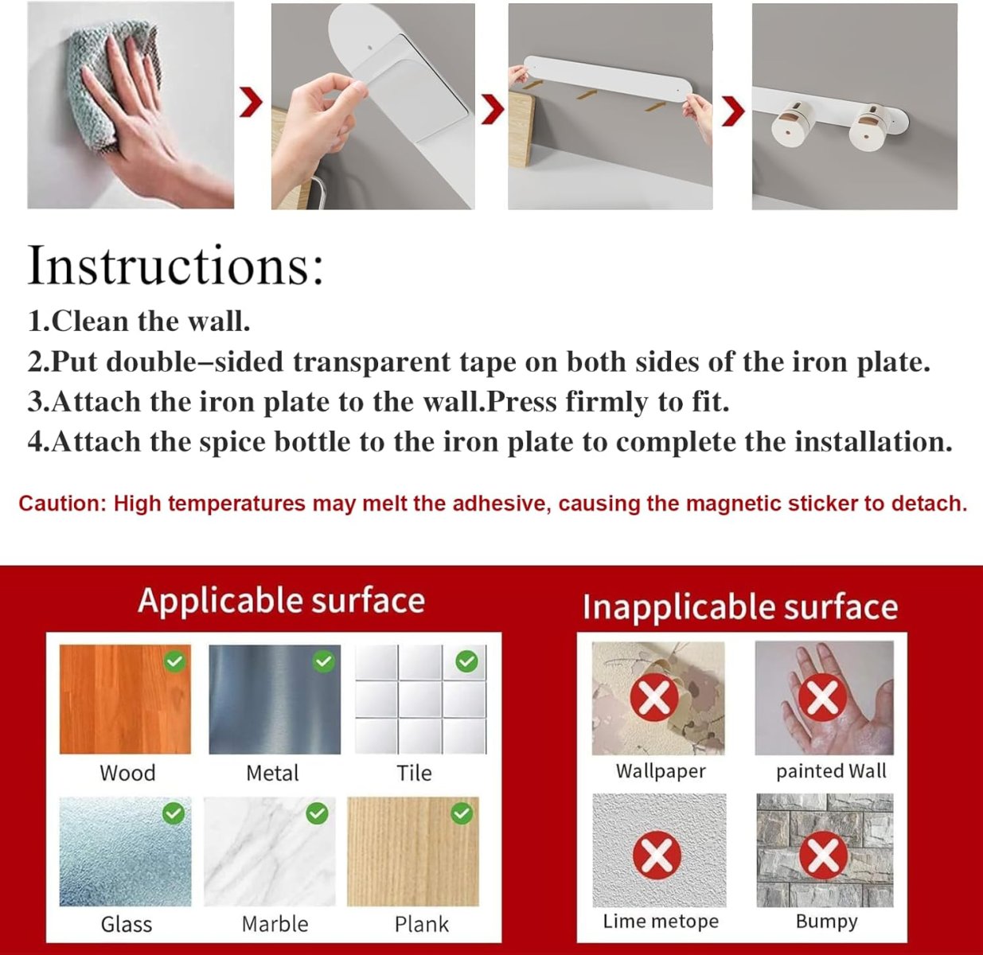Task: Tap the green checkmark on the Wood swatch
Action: (175, 661)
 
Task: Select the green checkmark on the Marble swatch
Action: (317, 813)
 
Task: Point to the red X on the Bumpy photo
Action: (823, 855)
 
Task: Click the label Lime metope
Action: (661, 921)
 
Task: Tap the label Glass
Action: (127, 924)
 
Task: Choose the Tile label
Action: (414, 773)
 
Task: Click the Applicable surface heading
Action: (281, 601)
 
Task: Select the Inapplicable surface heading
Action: (740, 606)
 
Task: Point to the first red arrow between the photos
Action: (251, 102)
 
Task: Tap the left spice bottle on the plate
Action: (791, 123)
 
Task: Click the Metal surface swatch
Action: (275, 700)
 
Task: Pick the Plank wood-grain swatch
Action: (413, 852)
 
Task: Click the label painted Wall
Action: (831, 771)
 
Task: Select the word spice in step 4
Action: (232, 442)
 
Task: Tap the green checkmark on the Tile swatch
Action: (466, 661)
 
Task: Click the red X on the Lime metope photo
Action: (657, 855)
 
